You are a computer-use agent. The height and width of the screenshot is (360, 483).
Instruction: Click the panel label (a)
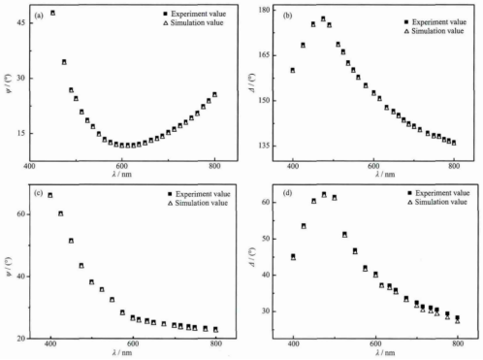(x=37, y=16)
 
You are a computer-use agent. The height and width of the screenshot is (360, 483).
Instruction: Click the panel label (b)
(x=287, y=16)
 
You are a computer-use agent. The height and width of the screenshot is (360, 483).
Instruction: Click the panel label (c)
(x=37, y=194)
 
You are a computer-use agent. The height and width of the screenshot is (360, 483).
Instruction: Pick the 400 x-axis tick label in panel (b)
(x=292, y=168)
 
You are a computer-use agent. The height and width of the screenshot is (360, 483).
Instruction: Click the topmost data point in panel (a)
(x=52, y=14)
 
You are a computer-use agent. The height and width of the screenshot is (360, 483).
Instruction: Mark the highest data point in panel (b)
(x=323, y=18)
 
